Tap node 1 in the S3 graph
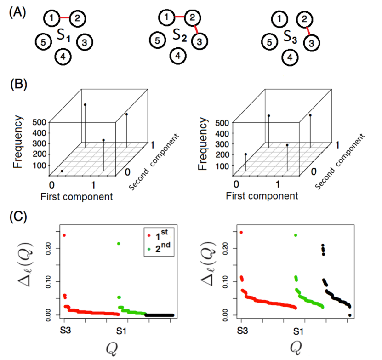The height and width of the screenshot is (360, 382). [277, 19]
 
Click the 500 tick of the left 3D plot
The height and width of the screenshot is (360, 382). [39, 123]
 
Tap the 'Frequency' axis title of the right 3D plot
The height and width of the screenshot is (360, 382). [203, 143]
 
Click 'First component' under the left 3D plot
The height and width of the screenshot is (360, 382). [76, 197]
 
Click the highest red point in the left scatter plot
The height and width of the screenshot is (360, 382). [64, 235]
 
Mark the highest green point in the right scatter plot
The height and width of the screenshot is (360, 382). [296, 235]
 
